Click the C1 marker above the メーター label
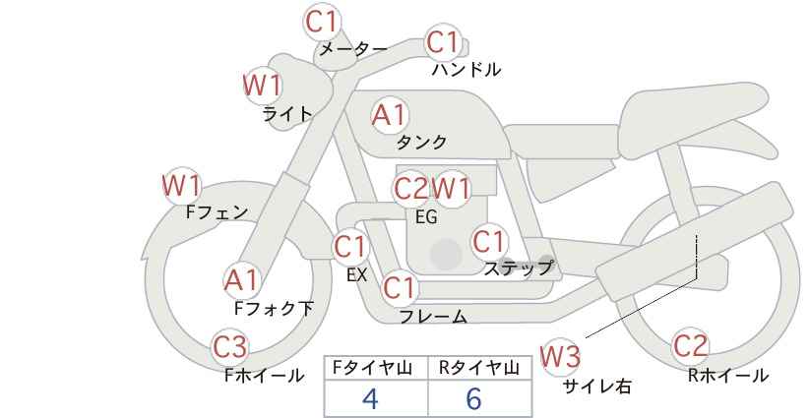[322, 23]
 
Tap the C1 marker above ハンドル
[443, 42]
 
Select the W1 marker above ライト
[262, 85]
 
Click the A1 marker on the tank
[390, 115]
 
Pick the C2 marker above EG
[410, 189]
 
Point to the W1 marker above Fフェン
[181, 185]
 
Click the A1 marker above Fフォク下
[241, 280]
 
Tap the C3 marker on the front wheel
[230, 347]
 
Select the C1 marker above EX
[350, 247]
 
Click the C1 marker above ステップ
[489, 241]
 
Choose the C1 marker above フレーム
[400, 287]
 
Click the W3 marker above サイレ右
[560, 356]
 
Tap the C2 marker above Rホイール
[690, 346]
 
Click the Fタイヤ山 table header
[372, 368]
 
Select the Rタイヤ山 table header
[479, 368]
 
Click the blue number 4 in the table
[370, 398]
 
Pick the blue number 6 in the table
[473, 398]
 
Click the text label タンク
[421, 142]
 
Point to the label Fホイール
[264, 376]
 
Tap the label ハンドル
[467, 69]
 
